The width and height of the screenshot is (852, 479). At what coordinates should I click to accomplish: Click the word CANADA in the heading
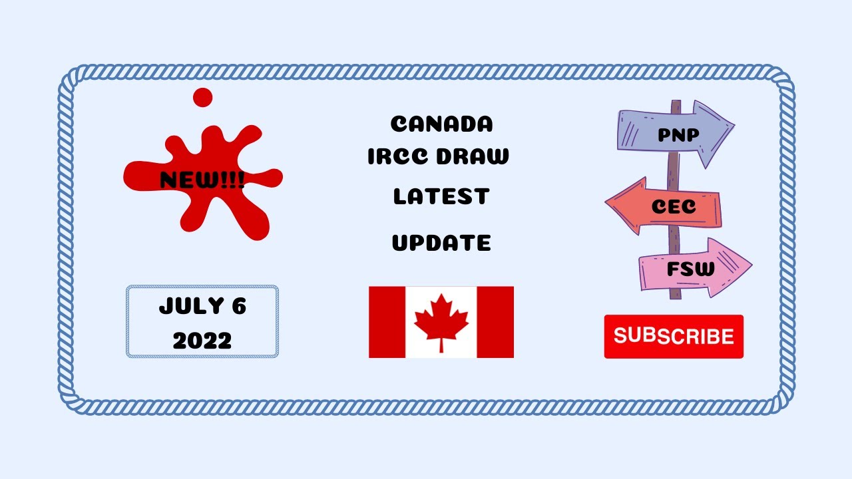coord(441,124)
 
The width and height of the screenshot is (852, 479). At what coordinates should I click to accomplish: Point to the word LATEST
coord(441,196)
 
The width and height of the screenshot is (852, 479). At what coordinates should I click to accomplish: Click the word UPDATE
coord(441,243)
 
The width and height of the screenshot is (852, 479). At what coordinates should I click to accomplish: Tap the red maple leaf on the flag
coord(441,321)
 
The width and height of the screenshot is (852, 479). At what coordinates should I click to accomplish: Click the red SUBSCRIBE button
coord(674,337)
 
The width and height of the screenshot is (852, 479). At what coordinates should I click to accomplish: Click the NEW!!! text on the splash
coord(202,180)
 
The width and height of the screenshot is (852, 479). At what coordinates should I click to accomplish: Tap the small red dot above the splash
coord(202,98)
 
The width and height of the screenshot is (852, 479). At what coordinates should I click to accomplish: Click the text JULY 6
coord(202,307)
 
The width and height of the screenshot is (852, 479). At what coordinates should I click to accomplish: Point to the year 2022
coord(202,341)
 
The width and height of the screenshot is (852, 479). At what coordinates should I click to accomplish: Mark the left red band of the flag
coord(387,322)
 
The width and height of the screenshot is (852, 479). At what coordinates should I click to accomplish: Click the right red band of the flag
coord(495,322)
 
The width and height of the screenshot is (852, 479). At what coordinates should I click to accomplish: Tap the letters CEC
coord(674,207)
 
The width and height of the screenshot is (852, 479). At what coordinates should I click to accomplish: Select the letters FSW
coord(690,269)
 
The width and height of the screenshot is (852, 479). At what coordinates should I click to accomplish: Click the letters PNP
coord(678,135)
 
